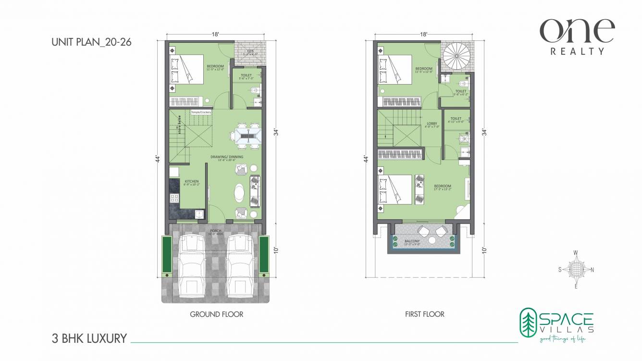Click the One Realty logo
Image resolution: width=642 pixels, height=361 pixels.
point(577,37)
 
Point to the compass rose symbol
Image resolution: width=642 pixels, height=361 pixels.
point(576,270)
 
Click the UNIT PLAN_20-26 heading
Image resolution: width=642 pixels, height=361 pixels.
point(91,42)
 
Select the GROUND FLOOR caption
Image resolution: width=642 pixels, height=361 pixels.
point(216,314)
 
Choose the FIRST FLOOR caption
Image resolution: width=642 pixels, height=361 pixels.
point(424,314)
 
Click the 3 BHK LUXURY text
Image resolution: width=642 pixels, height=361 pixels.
point(89,338)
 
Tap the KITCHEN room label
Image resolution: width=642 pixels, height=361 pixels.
point(191,182)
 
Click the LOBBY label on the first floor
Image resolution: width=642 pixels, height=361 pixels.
point(432,124)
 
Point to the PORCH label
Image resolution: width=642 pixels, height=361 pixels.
point(216,231)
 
